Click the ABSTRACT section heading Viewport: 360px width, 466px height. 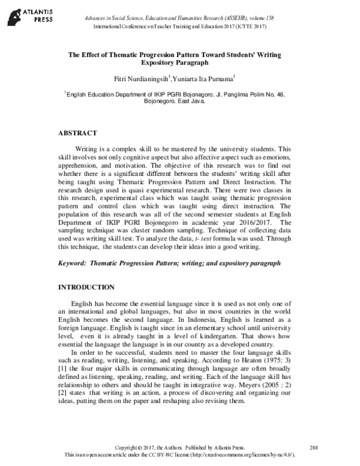point(77,132)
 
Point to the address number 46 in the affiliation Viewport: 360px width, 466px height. point(269,94)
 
